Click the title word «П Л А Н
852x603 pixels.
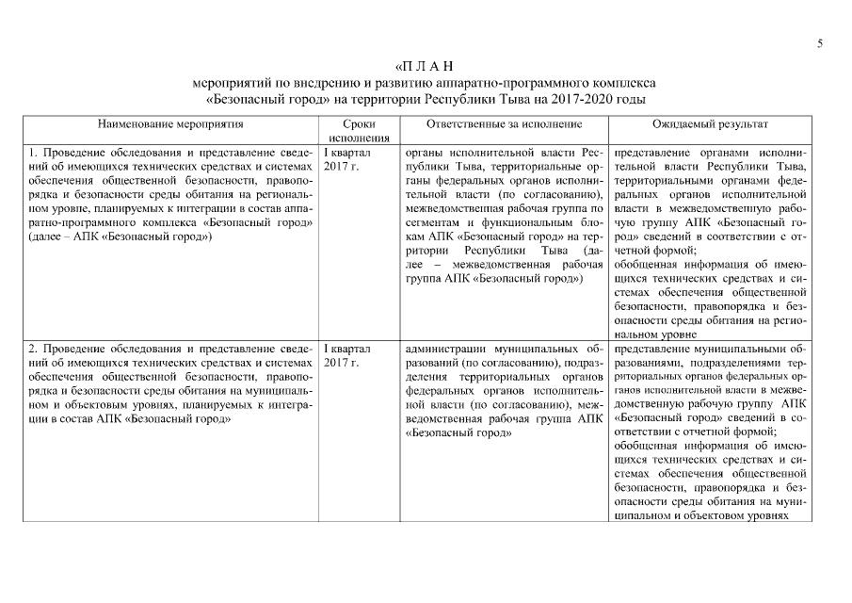tap(425, 66)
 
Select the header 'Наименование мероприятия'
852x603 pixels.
tap(170, 123)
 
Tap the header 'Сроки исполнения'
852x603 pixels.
tap(353, 130)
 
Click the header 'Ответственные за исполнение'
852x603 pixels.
tap(504, 123)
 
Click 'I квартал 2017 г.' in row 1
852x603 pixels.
tap(347, 158)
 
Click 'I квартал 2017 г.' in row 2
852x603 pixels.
tap(347, 355)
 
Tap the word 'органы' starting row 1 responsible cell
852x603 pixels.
tap(423, 151)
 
